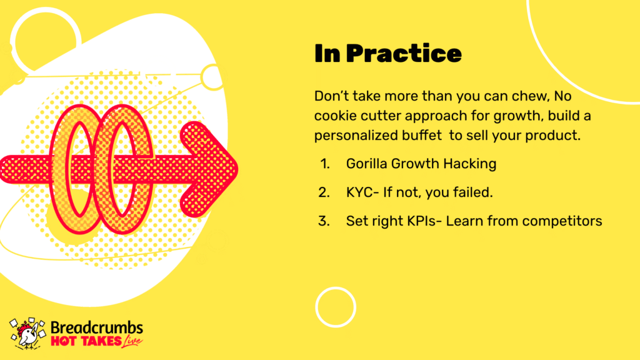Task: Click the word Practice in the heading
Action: (404, 54)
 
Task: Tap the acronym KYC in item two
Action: (359, 192)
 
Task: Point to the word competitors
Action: (562, 221)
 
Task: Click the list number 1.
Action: (324, 164)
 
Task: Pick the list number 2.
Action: (324, 192)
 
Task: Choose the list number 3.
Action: (324, 221)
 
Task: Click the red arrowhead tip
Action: (237, 169)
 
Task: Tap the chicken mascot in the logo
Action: (27, 334)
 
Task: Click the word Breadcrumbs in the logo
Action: (97, 327)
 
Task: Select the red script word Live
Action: (132, 341)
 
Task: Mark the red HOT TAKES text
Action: (86, 341)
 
